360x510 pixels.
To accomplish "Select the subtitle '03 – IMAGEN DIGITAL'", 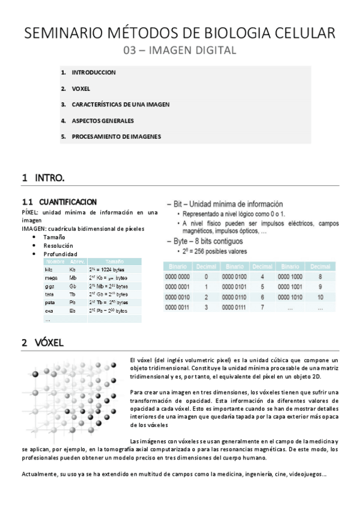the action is pos(180,51).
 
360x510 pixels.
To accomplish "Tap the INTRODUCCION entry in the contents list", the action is pos(93,73).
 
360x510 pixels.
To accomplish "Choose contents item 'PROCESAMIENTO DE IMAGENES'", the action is pos(116,137).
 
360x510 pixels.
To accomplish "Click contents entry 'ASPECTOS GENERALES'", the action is pos(102,121).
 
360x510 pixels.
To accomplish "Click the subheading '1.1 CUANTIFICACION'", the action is pos(59,202).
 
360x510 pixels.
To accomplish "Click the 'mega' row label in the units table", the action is pos(51,278).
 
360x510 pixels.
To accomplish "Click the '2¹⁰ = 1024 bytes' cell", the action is pos(108,270).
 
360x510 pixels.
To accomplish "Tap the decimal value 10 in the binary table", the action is pos(320,297).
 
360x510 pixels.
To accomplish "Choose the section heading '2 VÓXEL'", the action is pos(43,343).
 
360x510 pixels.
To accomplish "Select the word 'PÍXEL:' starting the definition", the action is pos(30,212).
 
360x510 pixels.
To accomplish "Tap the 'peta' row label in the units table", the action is pos(50,303).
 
